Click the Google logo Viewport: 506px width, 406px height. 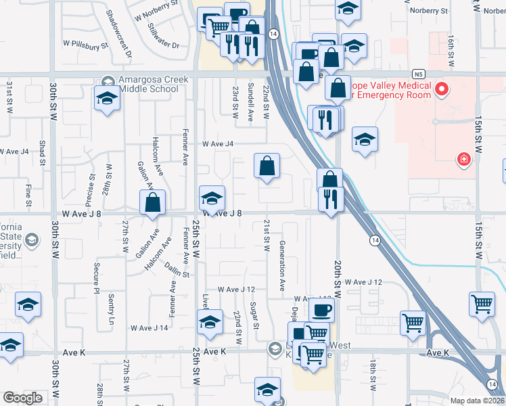[23, 398]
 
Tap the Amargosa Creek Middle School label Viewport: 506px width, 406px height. [153, 84]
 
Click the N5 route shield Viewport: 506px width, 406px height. [420, 72]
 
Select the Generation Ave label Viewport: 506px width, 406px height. [282, 267]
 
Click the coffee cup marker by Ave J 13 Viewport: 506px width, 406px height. [321, 309]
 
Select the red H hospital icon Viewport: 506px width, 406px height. [464, 160]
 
